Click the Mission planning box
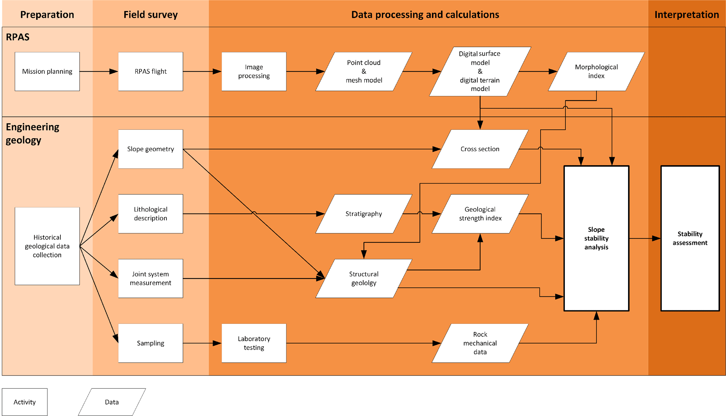[x=47, y=71]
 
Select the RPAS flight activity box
[x=150, y=71]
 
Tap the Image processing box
[x=254, y=71]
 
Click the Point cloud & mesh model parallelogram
[x=364, y=71]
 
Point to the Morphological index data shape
[x=596, y=71]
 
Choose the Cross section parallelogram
[x=480, y=149]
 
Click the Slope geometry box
[x=150, y=149]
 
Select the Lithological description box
[x=150, y=214]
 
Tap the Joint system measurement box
[x=150, y=279]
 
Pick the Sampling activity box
[x=150, y=343]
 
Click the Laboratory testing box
[x=254, y=343]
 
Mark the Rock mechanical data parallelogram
[x=480, y=343]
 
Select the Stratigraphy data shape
[x=364, y=214]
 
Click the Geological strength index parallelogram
[x=480, y=214]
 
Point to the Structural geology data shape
[x=364, y=279]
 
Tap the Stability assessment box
[x=690, y=238]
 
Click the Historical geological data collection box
[x=47, y=246]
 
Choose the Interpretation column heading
[x=686, y=14]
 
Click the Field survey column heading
[x=150, y=14]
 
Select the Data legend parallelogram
[x=112, y=402]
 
